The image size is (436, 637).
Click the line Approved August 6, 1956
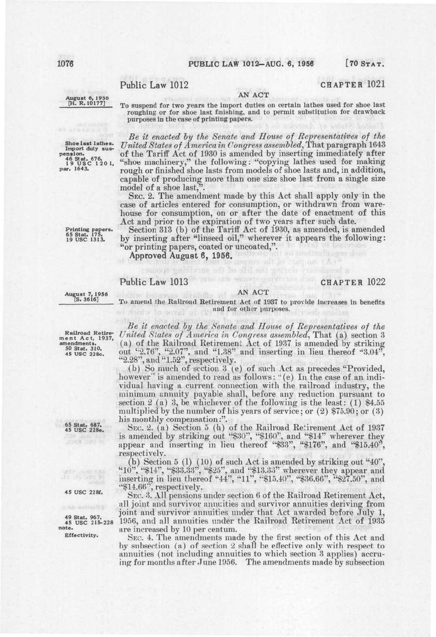pos(180,257)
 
